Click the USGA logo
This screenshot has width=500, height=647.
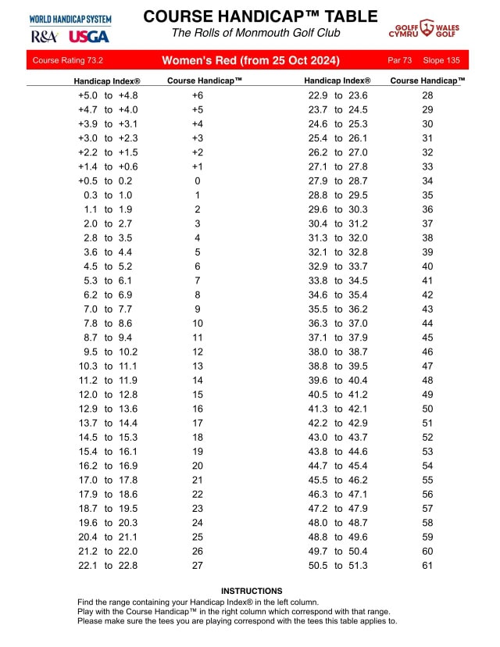pos(84,36)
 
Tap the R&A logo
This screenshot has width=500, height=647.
pos(45,36)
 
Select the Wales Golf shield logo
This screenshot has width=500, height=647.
pos(427,29)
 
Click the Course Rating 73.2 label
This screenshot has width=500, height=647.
pos(69,60)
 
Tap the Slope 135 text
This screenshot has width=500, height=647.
pos(442,60)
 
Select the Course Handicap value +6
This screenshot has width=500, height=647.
pos(198,95)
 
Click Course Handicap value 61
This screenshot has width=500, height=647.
pos(427,565)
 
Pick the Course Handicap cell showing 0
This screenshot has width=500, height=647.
pos(198,181)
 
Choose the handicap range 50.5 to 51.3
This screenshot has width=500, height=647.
pos(338,565)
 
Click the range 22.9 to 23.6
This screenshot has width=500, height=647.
pos(338,95)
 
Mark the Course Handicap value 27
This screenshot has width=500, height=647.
pos(198,565)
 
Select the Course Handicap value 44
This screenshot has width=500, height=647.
pos(427,323)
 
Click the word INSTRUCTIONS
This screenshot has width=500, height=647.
pos(252,592)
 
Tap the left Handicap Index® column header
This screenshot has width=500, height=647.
pos(107,80)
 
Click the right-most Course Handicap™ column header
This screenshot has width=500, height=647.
pos(428,80)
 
